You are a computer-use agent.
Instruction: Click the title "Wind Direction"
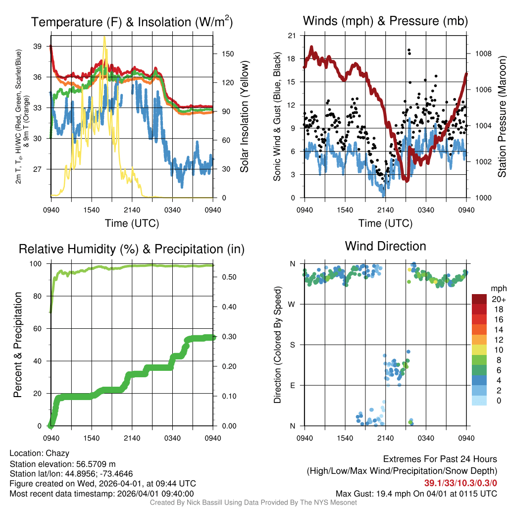click(385, 246)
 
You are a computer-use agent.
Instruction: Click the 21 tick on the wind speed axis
click(292, 36)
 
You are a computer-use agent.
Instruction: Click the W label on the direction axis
click(292, 304)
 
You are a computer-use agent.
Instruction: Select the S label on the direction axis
click(292, 345)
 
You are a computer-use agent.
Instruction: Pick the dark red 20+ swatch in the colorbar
click(479, 299)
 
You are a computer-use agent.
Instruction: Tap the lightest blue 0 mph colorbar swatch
click(479, 400)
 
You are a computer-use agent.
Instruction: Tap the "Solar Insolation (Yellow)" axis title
click(244, 117)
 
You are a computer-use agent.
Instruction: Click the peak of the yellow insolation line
click(104, 37)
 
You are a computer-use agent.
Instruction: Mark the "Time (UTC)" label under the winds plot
click(385, 223)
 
